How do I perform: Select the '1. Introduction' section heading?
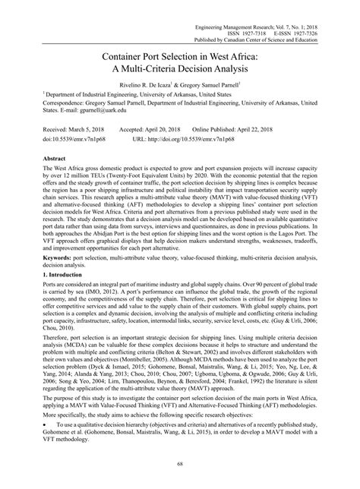click(49, 276)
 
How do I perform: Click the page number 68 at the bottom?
click(180, 465)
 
